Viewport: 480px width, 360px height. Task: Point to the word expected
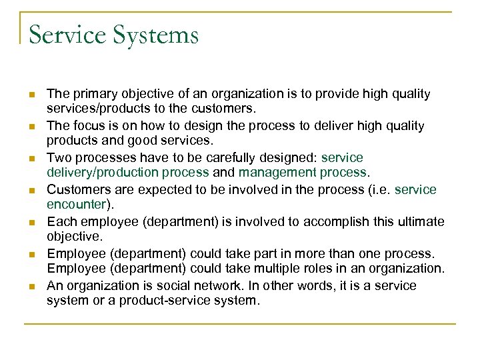click(178, 190)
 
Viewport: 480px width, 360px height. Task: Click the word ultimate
click(419, 222)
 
